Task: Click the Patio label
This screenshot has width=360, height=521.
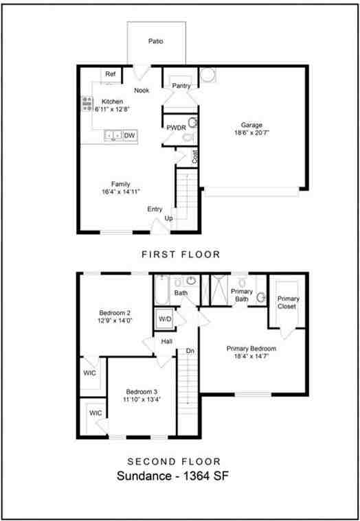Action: click(x=156, y=41)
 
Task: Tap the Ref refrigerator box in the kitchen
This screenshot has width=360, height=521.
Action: click(x=109, y=73)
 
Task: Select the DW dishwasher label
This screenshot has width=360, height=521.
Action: click(x=129, y=136)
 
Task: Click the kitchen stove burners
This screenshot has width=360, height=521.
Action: click(x=87, y=104)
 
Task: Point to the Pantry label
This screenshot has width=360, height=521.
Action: click(x=181, y=86)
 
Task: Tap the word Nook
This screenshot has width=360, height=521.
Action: click(x=142, y=91)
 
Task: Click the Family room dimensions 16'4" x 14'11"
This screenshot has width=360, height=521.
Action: click(x=121, y=192)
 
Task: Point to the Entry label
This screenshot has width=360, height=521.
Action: click(x=155, y=209)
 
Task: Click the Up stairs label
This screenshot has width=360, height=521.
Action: click(x=169, y=219)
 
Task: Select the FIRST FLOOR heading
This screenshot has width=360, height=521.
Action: click(x=181, y=255)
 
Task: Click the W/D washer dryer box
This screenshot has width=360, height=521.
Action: click(x=165, y=319)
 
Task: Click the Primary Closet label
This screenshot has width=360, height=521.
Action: click(x=288, y=303)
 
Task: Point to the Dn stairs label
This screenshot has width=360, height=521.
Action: click(x=190, y=351)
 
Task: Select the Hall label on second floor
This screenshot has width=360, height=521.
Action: click(x=166, y=341)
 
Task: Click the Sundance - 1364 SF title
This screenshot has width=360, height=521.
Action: click(x=168, y=476)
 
